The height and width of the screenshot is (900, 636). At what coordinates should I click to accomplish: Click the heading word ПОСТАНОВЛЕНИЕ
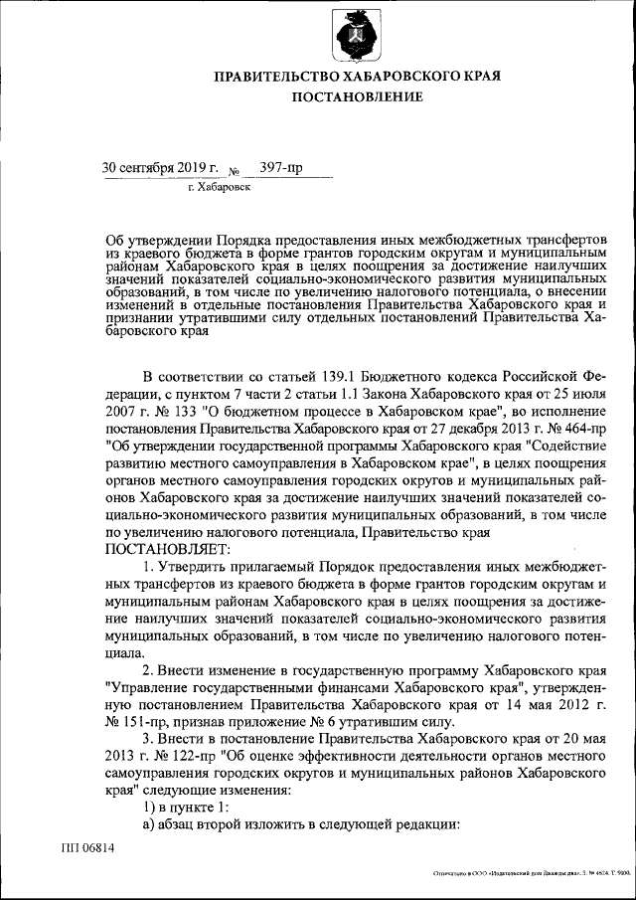click(x=357, y=96)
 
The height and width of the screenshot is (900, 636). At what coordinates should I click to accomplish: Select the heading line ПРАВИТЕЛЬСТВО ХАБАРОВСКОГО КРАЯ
click(x=357, y=76)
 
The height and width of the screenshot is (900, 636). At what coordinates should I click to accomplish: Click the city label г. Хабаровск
click(x=219, y=186)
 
